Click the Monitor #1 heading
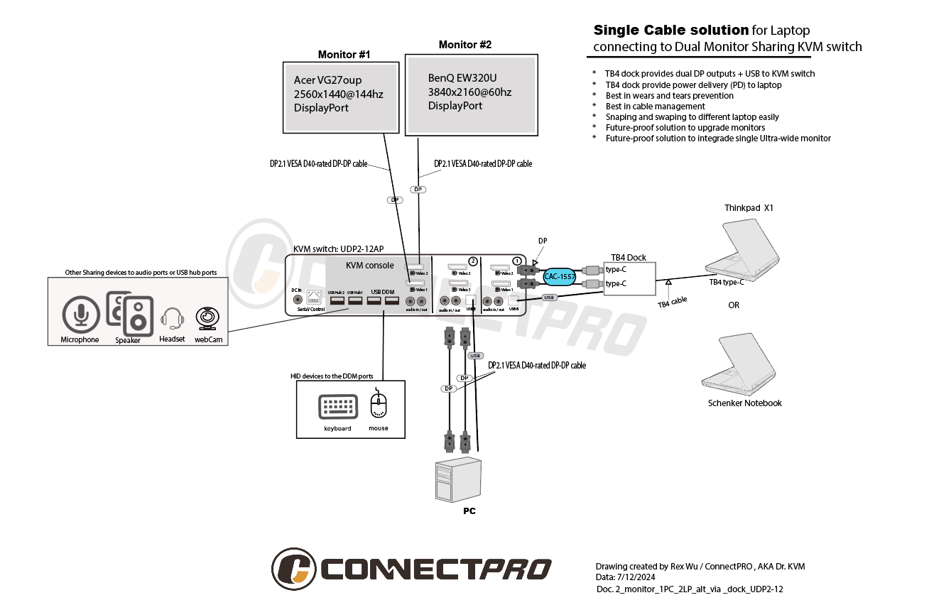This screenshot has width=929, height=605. (x=344, y=55)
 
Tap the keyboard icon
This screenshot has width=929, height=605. (x=338, y=407)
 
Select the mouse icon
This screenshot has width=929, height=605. (x=379, y=405)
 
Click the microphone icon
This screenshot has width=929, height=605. (x=80, y=315)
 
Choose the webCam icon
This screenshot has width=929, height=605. (x=207, y=318)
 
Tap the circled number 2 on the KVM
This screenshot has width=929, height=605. (x=474, y=261)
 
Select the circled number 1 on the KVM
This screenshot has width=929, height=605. (x=517, y=261)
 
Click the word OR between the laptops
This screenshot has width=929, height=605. (x=734, y=306)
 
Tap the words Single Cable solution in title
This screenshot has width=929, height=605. (x=670, y=31)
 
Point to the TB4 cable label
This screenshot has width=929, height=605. (x=672, y=302)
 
